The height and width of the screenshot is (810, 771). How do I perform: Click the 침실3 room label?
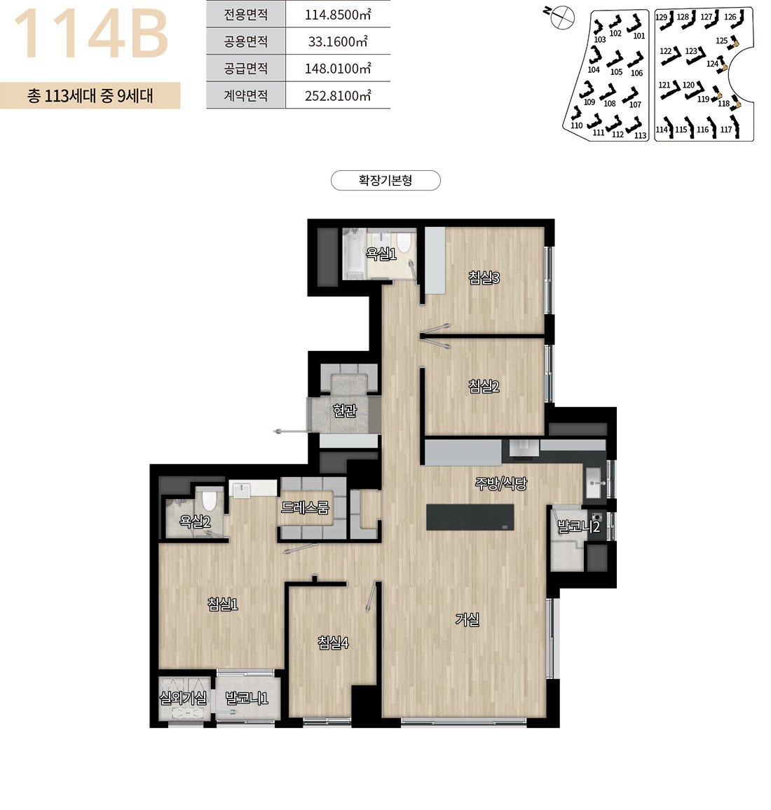click(x=484, y=278)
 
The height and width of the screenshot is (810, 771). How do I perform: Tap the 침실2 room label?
click(x=484, y=386)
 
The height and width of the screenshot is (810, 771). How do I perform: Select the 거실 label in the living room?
click(x=467, y=619)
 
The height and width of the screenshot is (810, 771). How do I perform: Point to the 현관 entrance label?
click(x=345, y=411)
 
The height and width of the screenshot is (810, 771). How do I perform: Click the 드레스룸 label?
click(x=305, y=507)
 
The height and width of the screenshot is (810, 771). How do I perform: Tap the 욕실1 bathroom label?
click(x=381, y=254)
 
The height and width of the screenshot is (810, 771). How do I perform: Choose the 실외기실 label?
click(x=183, y=699)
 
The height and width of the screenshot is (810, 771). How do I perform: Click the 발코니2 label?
click(x=578, y=527)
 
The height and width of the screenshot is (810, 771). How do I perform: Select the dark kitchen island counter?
click(x=470, y=517)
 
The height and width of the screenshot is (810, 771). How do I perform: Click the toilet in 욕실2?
click(x=209, y=500)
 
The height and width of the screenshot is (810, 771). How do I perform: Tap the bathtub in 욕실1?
click(x=354, y=252)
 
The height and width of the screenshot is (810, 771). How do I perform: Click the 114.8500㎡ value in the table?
click(x=338, y=15)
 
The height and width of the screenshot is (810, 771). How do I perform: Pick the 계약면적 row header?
click(x=245, y=95)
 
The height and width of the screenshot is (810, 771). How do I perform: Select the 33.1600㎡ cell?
click(x=338, y=41)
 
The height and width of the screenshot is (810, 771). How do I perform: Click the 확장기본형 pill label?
click(x=385, y=180)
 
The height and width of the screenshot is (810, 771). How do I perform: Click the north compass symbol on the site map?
click(x=561, y=17)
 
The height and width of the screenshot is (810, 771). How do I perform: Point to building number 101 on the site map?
click(x=639, y=36)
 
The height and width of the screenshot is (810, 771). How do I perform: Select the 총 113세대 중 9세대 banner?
click(x=90, y=95)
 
